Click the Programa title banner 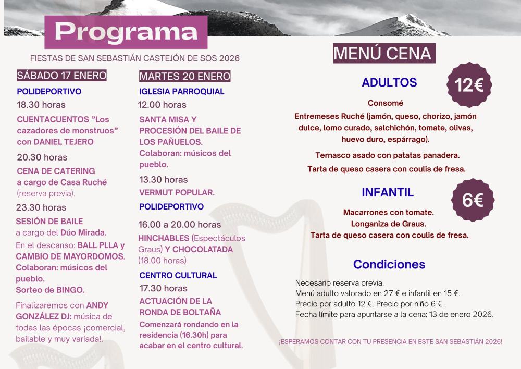pyautogui.click(x=126, y=31)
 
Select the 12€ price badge pyautogui.click(x=470, y=85)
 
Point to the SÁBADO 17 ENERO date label pyautogui.click(x=62, y=76)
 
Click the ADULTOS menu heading pyautogui.click(x=389, y=82)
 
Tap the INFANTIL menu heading pyautogui.click(x=388, y=192)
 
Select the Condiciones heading pyautogui.click(x=389, y=264)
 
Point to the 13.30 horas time pyautogui.click(x=163, y=180)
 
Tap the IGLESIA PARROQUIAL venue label pyautogui.click(x=182, y=91)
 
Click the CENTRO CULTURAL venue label pyautogui.click(x=178, y=275)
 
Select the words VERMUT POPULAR pyautogui.click(x=177, y=192)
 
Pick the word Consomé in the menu pyautogui.click(x=386, y=103)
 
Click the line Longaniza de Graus pyautogui.click(x=389, y=224)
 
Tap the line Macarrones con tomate pyautogui.click(x=389, y=213)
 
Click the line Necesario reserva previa pyautogui.click(x=339, y=282)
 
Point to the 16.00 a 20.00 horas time pyautogui.click(x=180, y=225)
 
